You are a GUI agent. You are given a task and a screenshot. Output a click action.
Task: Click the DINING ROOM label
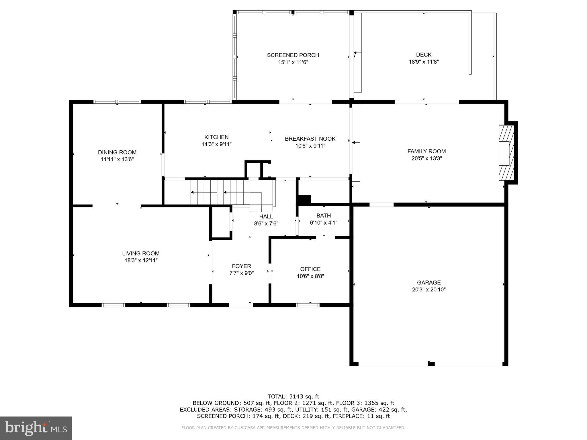(x=117, y=152)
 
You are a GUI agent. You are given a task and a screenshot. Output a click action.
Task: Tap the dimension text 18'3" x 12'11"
(x=141, y=260)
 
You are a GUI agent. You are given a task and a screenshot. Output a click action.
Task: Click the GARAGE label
(x=428, y=282)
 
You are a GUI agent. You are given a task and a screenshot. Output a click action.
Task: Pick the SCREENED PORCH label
(x=293, y=55)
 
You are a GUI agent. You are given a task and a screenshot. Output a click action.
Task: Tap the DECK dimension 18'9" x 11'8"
(x=424, y=62)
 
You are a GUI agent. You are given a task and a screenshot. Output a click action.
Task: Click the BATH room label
(x=324, y=215)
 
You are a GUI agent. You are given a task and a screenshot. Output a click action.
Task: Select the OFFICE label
(x=310, y=269)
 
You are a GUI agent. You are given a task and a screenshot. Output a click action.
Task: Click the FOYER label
(x=241, y=266)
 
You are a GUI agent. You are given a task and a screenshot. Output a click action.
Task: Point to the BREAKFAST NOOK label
(x=310, y=139)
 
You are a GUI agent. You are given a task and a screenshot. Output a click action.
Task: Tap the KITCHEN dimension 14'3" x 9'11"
(x=216, y=144)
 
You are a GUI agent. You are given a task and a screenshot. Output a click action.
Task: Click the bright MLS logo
(x=36, y=428)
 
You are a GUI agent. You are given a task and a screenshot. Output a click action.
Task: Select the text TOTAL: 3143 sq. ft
(x=293, y=396)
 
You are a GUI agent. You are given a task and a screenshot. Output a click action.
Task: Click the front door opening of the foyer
(x=241, y=305)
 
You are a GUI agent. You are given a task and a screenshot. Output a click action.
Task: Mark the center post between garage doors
(x=431, y=364)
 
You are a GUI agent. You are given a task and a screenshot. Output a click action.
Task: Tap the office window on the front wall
(x=308, y=305)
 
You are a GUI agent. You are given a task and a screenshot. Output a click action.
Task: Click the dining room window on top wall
(x=117, y=102)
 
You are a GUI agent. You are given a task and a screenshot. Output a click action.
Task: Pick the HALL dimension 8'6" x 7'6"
(x=266, y=223)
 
